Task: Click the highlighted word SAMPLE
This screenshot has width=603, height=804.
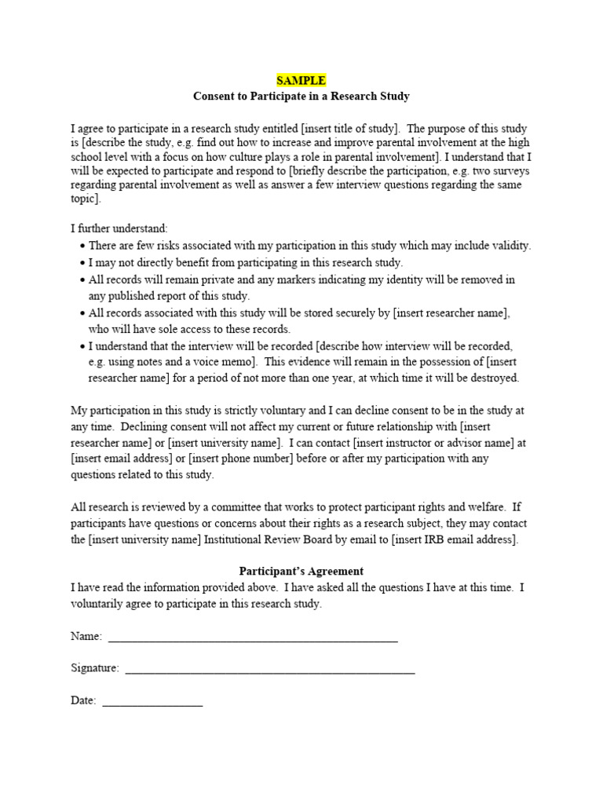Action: [x=301, y=80]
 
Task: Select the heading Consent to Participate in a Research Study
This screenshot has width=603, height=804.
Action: [x=301, y=96]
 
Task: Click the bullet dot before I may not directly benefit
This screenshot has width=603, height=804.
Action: [x=82, y=263]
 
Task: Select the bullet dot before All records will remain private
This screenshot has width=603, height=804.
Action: [x=82, y=280]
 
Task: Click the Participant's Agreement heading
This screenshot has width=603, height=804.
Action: [x=301, y=571]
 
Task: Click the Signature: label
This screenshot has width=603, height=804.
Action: [x=95, y=668]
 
